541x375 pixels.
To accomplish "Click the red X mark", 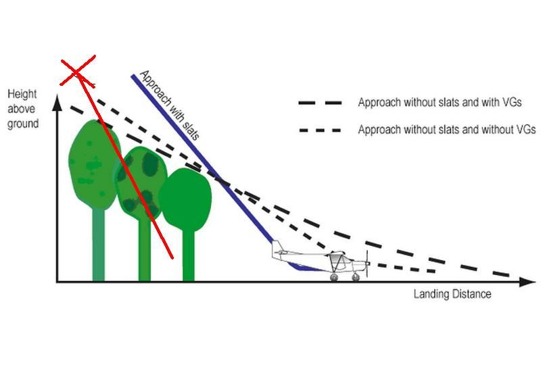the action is coord(77,72).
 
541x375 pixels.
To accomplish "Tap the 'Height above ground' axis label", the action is coord(23,109).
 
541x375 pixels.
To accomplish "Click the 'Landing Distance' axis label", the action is coord(452,294).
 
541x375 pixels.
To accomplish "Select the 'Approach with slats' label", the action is coord(169,105).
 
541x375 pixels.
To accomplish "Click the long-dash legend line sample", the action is coord(320,103).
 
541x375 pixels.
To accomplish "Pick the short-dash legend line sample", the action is coord(320,130).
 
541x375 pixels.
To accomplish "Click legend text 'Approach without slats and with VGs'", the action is coord(440,103).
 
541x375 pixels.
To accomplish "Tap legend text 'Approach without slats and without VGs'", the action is coord(447,130).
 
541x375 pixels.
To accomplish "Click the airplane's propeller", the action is coord(367,264).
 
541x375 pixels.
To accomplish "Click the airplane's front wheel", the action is coord(356,277).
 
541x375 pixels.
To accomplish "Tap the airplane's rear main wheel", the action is coord(333,277).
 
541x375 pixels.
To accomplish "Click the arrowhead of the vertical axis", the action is coord(57,102).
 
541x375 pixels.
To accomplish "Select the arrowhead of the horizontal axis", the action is coord(527,282).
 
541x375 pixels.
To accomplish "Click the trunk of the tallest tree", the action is coord(98,245).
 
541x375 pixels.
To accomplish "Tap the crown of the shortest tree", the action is coord(185,199).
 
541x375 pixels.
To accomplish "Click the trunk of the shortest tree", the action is coord(189,256).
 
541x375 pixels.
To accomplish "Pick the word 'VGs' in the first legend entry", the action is coord(512,103).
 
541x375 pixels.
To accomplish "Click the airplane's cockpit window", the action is coord(337,257).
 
